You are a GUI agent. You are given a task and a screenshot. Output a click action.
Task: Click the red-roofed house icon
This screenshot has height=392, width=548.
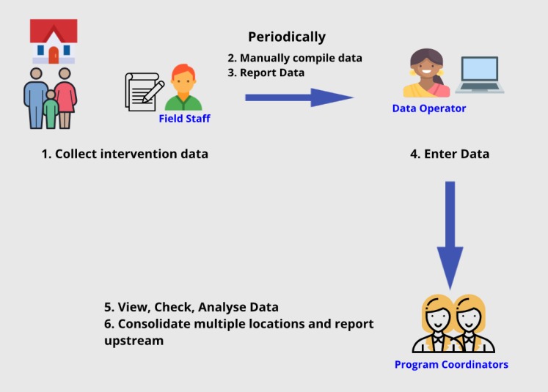coord(54,42)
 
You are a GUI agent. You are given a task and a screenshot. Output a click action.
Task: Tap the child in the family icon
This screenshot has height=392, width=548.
coord(51,109)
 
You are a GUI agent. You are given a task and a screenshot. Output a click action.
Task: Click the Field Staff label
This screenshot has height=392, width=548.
coord(185,119)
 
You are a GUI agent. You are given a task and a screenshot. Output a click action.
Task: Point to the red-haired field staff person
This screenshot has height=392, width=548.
coord(183,87)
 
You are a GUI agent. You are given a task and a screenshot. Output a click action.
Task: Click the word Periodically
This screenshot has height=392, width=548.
coord(287,37)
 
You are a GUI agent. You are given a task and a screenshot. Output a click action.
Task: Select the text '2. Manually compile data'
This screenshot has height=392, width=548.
coord(295,58)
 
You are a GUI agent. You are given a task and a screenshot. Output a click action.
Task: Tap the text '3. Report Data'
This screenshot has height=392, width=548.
coord(266,73)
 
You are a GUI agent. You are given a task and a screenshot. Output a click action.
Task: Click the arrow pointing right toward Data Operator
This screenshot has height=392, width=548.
coord(299,97)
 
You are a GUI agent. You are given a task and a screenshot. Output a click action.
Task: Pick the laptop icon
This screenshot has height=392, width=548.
coord(480,75)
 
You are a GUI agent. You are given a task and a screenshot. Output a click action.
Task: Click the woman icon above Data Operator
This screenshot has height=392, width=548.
coord(427,73)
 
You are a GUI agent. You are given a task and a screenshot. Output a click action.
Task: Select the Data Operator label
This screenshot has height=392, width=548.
coord(429,108)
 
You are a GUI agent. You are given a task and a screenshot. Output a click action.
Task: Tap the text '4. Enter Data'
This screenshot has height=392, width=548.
coord(450,154)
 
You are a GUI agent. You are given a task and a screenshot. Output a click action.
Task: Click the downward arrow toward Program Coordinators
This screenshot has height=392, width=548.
coord(450,236)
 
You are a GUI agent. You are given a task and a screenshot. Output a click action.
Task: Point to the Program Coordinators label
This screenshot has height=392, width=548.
coord(451,364)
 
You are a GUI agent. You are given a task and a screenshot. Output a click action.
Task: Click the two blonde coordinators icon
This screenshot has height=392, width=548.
coord(453,324)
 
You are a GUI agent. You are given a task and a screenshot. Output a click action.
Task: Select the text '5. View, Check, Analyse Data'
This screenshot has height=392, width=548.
coord(191,307)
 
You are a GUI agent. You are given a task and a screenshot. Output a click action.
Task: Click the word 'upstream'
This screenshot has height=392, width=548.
coord(134,341)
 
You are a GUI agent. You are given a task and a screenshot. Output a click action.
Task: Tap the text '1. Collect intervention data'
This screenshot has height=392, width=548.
coord(125,154)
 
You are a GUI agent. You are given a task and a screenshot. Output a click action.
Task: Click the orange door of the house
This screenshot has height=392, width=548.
coord(54,56)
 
